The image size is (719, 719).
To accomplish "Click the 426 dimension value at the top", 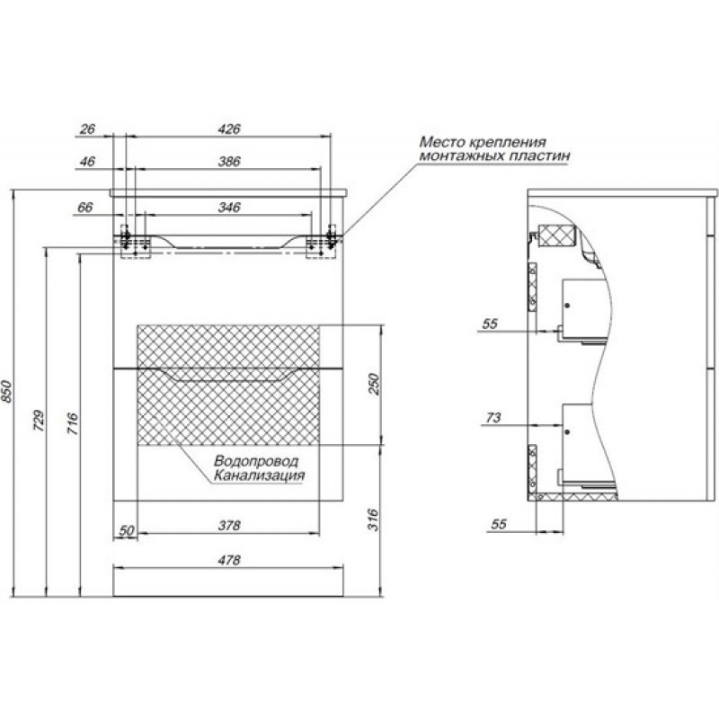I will click(x=229, y=129).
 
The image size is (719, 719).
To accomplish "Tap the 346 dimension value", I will click(x=229, y=208).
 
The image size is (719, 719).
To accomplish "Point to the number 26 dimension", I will click(x=87, y=129).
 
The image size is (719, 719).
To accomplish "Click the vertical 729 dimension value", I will click(x=39, y=420).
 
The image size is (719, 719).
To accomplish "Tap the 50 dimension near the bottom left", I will click(x=126, y=531).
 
